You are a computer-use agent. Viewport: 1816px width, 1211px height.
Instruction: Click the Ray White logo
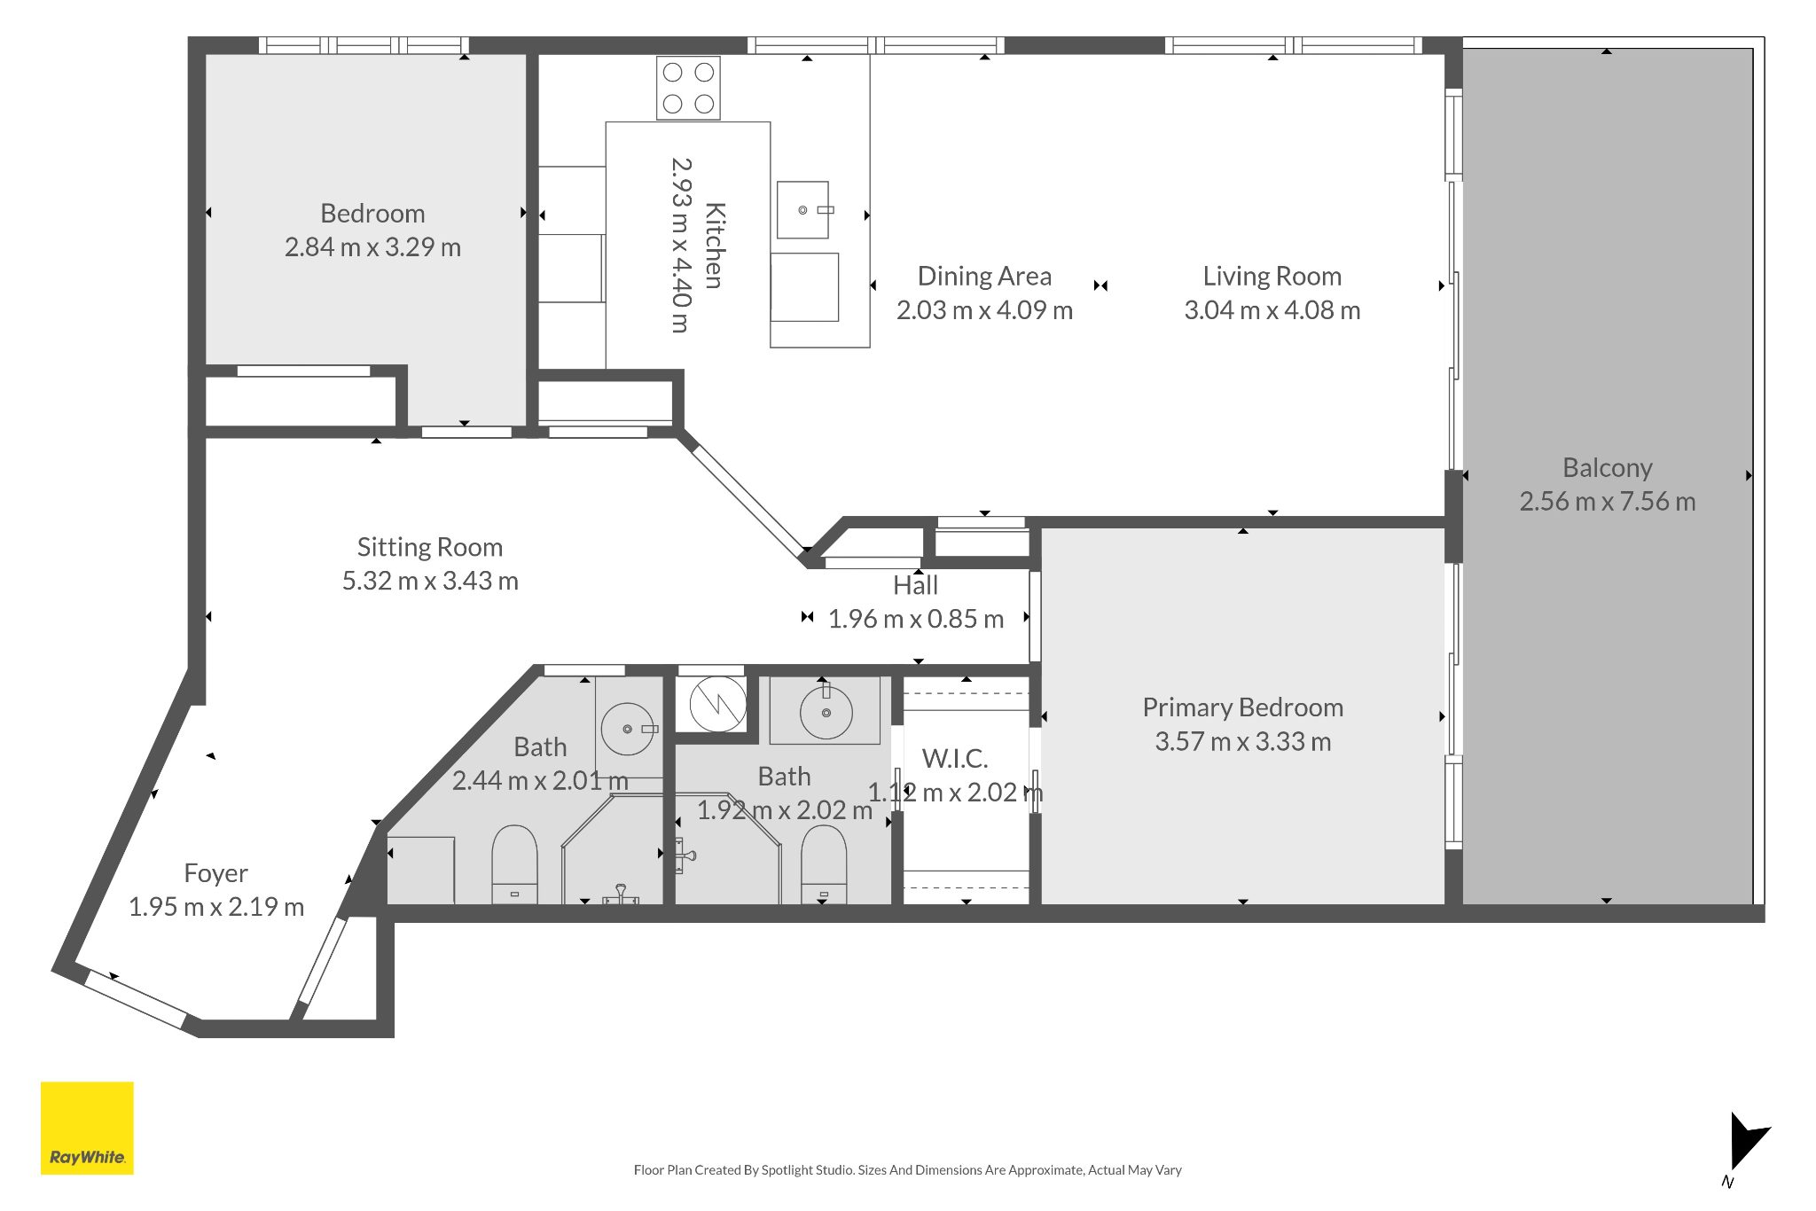[x=87, y=1128]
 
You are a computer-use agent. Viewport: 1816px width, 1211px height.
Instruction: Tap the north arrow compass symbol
[x=1747, y=1149]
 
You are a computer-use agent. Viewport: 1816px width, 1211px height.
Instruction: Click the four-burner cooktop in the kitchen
[x=688, y=88]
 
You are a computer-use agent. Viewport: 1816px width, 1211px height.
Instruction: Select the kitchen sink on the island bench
[x=802, y=210]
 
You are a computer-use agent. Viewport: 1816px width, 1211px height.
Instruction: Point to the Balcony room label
[x=1608, y=467]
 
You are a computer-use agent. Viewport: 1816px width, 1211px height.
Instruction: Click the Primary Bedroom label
[x=1242, y=707]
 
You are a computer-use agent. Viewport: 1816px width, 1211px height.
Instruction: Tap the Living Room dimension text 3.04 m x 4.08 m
[x=1272, y=310]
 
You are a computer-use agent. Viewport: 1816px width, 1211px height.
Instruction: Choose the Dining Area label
[x=984, y=277]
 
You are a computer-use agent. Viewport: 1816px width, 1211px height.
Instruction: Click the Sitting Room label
[x=430, y=547]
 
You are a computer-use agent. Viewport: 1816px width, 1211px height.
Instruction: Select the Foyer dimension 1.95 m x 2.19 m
[x=216, y=907]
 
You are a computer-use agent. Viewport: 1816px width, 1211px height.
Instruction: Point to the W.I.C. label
[x=955, y=759]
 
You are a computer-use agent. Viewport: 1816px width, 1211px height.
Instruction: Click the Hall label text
[x=915, y=586]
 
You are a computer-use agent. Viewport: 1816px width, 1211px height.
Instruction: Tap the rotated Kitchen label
[x=715, y=246]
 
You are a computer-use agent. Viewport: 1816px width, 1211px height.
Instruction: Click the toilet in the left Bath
[x=514, y=864]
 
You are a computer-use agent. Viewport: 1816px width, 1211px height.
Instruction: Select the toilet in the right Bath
[x=824, y=864]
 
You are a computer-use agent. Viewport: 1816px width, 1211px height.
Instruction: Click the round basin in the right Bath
[x=826, y=713]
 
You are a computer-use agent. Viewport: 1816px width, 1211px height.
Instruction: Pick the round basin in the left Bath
[x=628, y=729]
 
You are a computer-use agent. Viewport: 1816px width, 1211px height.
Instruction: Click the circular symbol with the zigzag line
[x=717, y=704]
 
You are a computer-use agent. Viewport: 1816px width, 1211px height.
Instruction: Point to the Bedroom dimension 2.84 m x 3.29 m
[x=372, y=247]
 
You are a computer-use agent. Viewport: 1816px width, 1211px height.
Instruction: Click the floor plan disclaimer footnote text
[x=908, y=1170]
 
